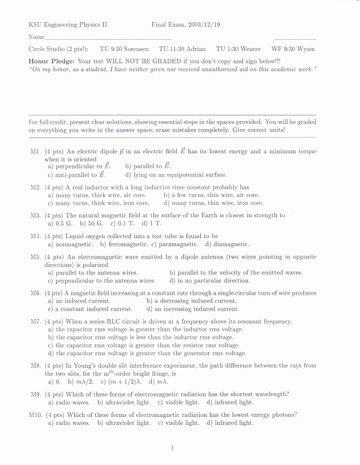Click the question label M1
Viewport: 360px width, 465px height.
tap(36, 152)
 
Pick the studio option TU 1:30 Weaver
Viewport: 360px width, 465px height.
tap(238, 49)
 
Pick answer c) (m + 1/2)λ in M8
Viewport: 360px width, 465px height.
tap(131, 382)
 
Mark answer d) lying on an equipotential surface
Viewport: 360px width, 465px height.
tap(175, 175)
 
